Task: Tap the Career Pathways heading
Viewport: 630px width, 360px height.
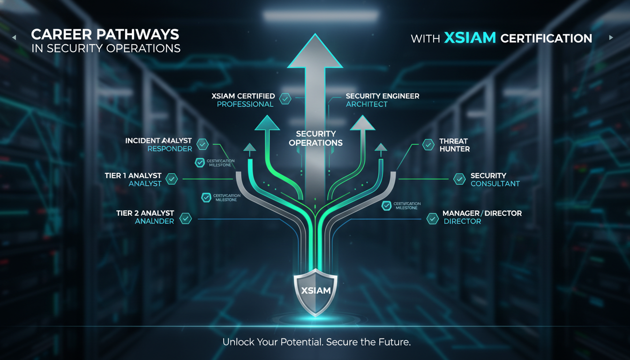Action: [x=105, y=34]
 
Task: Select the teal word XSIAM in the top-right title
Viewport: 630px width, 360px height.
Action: [x=470, y=38]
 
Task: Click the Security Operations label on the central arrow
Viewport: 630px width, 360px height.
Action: [x=315, y=138]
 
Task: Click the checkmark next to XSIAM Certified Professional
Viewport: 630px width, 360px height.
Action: [x=285, y=98]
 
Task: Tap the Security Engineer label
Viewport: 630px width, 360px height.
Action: [x=382, y=96]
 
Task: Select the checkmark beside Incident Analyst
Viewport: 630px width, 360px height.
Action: [x=202, y=144]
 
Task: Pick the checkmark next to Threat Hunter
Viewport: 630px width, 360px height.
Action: [x=428, y=145]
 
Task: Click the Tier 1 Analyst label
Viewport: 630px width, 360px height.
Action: [x=133, y=176]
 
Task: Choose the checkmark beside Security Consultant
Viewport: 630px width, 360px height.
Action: [x=459, y=179]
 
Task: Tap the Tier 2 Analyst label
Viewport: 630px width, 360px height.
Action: [x=145, y=213]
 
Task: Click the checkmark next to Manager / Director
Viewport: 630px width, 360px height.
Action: [x=433, y=217]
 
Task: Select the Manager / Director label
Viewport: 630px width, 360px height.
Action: [x=482, y=213]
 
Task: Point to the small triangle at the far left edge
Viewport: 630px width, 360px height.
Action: [x=15, y=37]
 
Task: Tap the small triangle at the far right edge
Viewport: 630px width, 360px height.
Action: [x=611, y=37]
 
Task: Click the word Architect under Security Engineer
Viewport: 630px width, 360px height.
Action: [x=367, y=104]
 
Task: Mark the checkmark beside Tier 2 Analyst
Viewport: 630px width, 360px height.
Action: [x=186, y=218]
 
